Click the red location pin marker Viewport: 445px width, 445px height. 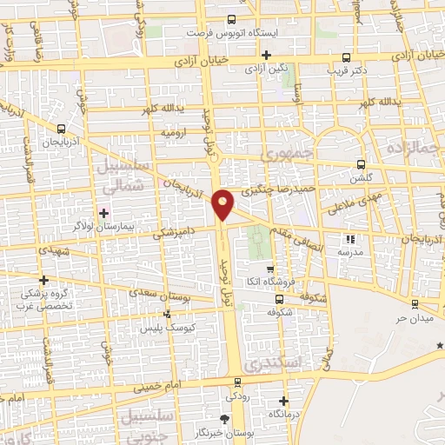click(x=223, y=204)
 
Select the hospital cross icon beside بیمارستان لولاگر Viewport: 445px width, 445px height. click(x=103, y=212)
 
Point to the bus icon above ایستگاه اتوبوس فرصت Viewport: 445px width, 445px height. click(x=231, y=18)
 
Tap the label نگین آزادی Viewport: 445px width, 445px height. click(x=266, y=67)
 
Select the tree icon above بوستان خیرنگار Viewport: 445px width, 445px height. click(x=226, y=419)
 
